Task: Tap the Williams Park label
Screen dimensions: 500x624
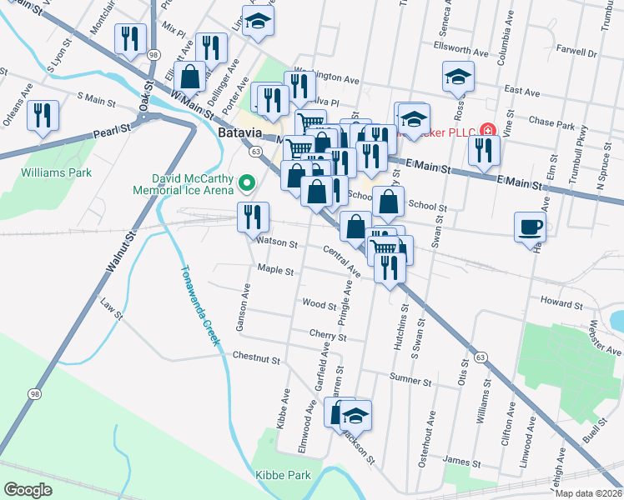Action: [57, 172]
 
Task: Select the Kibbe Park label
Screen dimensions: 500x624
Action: [283, 475]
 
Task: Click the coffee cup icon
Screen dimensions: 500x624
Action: [531, 226]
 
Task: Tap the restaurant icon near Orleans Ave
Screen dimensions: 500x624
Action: [42, 114]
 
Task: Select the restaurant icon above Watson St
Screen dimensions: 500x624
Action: [252, 217]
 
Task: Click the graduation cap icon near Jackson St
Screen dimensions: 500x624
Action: [356, 413]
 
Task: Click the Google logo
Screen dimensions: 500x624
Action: [28, 489]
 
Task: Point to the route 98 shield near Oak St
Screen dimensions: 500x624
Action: [153, 53]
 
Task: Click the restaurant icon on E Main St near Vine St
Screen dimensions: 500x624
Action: [484, 149]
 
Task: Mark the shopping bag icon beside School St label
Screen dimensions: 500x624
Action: [389, 201]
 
